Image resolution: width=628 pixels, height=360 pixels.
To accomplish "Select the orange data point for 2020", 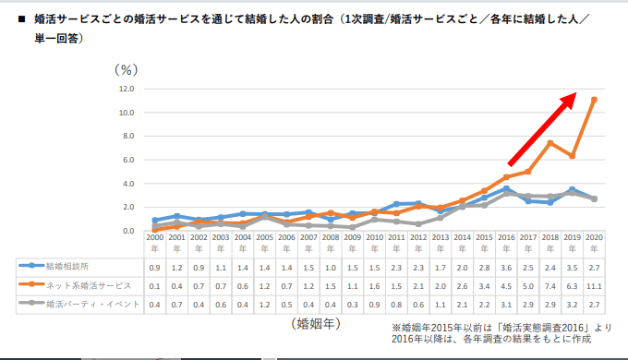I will [x=594, y=100].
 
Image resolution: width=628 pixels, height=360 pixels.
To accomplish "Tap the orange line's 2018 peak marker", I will [x=549, y=143].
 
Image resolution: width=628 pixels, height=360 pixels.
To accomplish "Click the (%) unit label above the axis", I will [x=125, y=69].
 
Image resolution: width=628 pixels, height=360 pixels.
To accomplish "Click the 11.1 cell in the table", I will [x=594, y=285].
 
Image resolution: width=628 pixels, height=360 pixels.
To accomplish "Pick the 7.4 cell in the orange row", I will [x=549, y=285].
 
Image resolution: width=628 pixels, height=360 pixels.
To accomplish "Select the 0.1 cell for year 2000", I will [x=154, y=285].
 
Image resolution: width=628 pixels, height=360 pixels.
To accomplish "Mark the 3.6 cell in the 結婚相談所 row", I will [x=506, y=267].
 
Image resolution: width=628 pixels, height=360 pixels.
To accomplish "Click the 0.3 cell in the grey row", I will [x=352, y=304].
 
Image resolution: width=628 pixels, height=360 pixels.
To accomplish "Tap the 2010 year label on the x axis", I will [x=374, y=242].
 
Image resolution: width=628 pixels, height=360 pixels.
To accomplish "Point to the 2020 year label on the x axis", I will [x=594, y=242].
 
